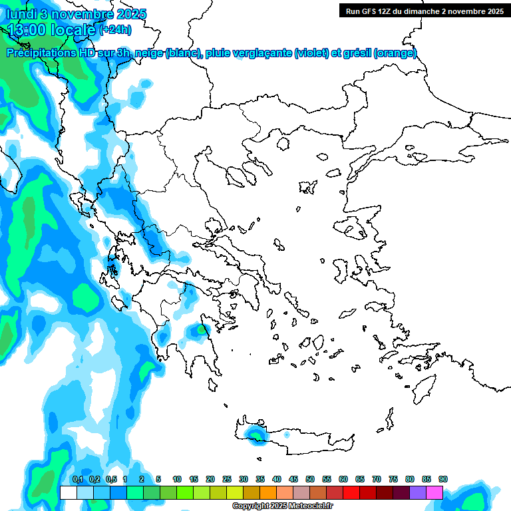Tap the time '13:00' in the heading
point(27,29)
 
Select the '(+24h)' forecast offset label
point(115,29)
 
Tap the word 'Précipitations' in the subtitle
point(39,53)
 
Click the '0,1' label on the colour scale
point(77,479)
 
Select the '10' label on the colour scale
point(177,479)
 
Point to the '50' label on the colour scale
point(310,479)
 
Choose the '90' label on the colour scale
point(443,479)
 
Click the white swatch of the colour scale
point(68,492)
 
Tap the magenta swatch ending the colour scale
point(434,492)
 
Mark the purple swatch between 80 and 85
point(418,492)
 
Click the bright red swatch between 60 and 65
point(351,492)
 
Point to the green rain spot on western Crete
point(254,434)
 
